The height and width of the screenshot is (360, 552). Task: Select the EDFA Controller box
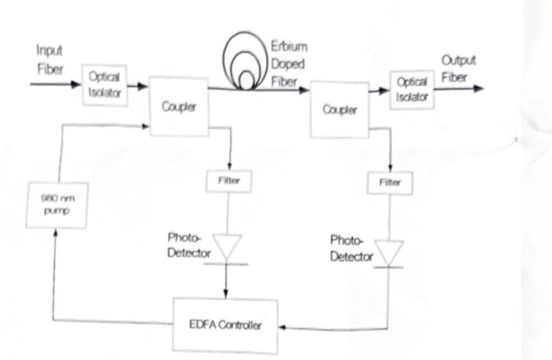[x=225, y=325]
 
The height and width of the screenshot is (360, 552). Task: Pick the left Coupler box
[x=178, y=106]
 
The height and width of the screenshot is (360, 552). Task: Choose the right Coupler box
[x=339, y=110]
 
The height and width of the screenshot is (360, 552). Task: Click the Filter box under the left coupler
[x=228, y=181]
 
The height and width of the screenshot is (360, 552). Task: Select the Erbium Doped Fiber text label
[x=288, y=64]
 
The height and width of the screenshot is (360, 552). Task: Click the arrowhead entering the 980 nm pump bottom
[x=56, y=234]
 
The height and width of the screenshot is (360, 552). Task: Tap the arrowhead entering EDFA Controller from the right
[x=282, y=327]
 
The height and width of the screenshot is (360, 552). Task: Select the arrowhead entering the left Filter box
[x=228, y=168]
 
